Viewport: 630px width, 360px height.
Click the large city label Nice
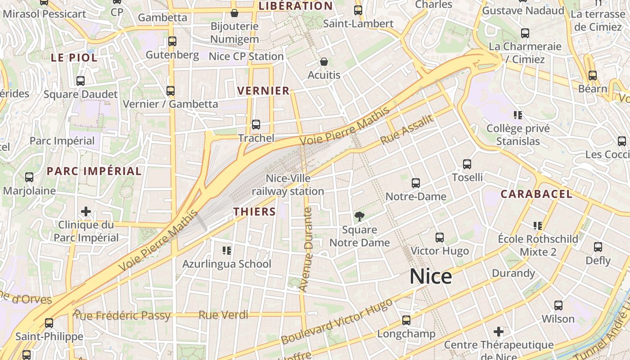[431, 276]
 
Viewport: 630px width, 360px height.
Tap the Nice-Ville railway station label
[288, 185]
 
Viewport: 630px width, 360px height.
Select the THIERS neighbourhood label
[255, 211]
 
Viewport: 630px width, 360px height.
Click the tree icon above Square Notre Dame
[359, 217]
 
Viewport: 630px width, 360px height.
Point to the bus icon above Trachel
[256, 125]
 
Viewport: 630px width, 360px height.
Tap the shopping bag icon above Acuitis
[324, 62]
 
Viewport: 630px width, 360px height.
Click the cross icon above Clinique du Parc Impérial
[86, 211]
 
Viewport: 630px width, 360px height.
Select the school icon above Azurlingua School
[226, 250]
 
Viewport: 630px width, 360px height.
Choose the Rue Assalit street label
[407, 129]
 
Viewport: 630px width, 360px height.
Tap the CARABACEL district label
[536, 194]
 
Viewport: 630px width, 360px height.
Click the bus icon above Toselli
[467, 164]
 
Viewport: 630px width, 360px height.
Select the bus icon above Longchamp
[406, 320]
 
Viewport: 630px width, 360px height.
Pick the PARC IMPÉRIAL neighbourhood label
[94, 171]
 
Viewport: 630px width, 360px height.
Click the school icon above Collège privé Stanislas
[518, 115]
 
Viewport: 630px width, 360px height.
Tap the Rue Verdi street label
[223, 315]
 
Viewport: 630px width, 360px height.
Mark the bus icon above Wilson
[558, 306]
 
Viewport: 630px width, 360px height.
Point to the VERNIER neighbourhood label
[263, 90]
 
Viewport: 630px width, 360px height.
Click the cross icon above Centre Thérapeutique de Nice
[499, 332]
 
